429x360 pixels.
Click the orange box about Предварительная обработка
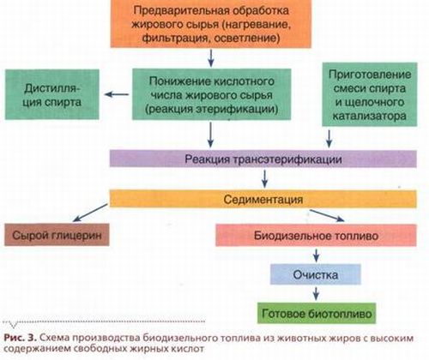pos(211,23)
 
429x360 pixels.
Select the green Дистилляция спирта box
pos(52,94)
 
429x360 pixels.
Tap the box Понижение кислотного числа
pos(211,94)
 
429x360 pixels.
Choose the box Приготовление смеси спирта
pos(370,94)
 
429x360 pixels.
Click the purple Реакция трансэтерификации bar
pos(263,159)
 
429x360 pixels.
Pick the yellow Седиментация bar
pos(263,199)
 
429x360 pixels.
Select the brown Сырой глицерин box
pos(57,235)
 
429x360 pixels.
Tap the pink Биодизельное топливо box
pos(316,235)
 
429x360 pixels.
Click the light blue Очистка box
pos(316,274)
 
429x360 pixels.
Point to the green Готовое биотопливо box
pos(317,313)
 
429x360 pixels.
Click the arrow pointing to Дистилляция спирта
pos(117,94)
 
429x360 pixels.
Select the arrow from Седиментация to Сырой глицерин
pos(90,213)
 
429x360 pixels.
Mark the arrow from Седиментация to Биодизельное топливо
pos(327,215)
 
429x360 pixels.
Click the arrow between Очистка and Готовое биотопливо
pos(316,293)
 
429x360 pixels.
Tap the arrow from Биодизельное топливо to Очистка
pos(316,255)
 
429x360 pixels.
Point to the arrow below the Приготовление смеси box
pos(329,139)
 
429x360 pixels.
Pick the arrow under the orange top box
pos(211,58)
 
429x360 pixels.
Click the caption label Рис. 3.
pos(21,338)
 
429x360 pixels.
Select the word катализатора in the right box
pos(369,116)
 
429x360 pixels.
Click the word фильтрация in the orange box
pos(174,39)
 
